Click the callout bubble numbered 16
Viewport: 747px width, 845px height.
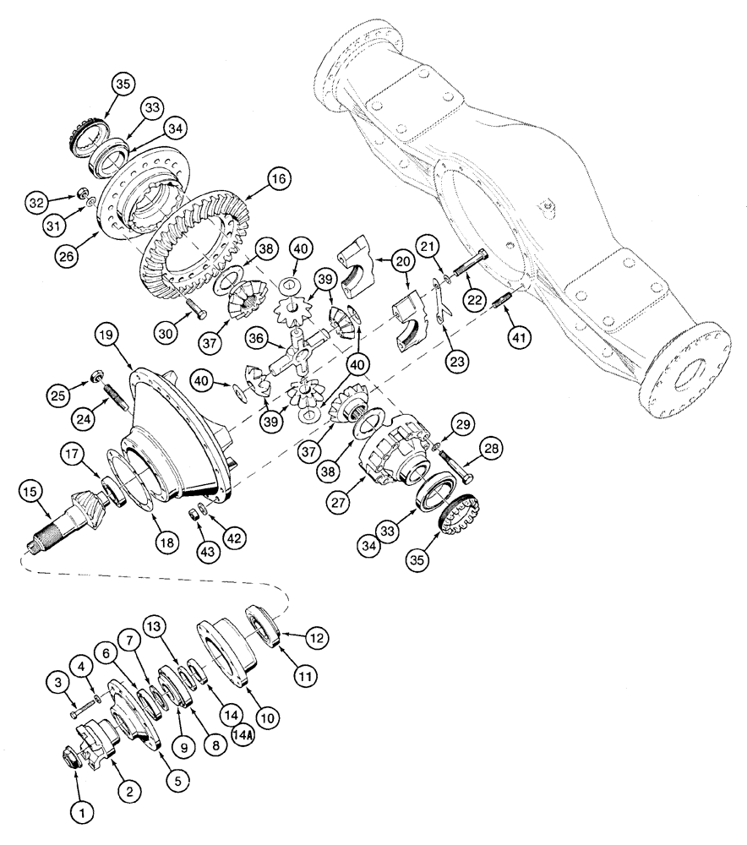pos(277,180)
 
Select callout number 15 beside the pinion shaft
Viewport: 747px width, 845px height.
pos(32,491)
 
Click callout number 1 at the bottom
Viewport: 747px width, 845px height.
pos(81,813)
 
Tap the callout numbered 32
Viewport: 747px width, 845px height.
pos(35,203)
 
